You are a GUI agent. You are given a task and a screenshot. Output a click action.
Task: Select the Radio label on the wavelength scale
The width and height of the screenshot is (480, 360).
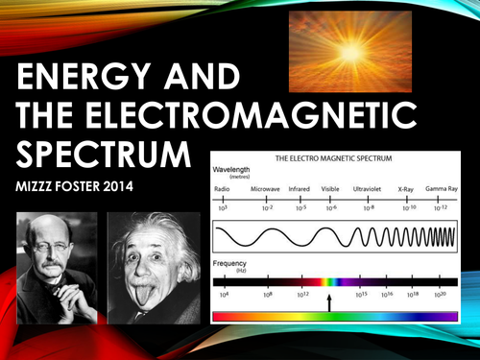point(222,189)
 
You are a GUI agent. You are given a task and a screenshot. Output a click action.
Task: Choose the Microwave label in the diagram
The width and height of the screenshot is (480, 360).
point(264,189)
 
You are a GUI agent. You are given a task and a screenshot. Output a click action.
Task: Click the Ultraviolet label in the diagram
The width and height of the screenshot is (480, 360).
point(372,189)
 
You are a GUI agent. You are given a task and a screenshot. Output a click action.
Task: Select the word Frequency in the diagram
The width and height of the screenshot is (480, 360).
point(232,262)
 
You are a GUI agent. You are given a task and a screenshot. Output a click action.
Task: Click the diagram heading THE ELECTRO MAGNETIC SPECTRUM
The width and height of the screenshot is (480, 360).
point(332,156)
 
